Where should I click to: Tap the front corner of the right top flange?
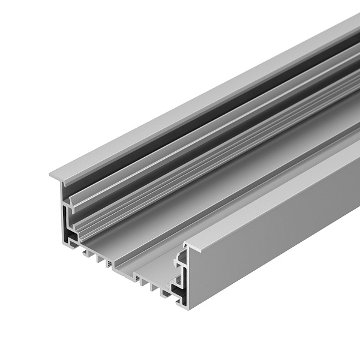[x=187, y=246]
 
